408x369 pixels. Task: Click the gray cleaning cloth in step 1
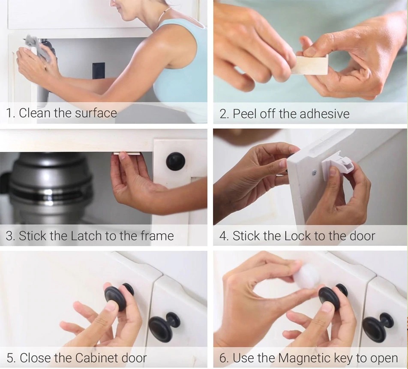pyautogui.click(x=39, y=48)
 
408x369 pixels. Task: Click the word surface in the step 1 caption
pyautogui.click(x=96, y=113)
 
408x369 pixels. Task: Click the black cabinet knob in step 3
pyautogui.click(x=175, y=160)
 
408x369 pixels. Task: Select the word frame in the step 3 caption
pyautogui.click(x=157, y=236)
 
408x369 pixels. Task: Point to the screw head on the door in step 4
pyautogui.click(x=315, y=172)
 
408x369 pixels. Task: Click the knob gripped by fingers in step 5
pyautogui.click(x=119, y=296)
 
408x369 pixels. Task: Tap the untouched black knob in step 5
pyautogui.click(x=164, y=327)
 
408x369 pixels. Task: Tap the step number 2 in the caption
pyautogui.click(x=223, y=114)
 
